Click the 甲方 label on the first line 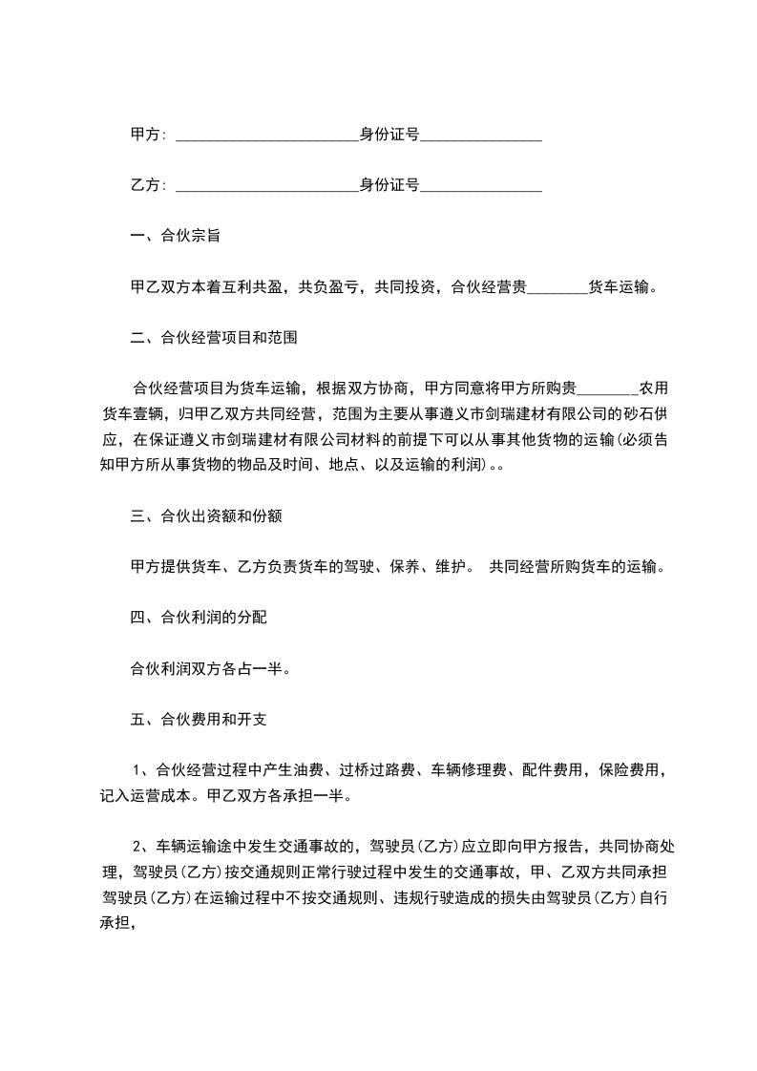click(144, 135)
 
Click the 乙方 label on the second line click(144, 185)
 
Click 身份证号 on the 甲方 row click(389, 135)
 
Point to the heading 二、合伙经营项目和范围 click(218, 337)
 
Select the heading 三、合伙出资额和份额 click(204, 516)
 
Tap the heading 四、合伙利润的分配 click(198, 618)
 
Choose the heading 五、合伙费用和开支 click(198, 719)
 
